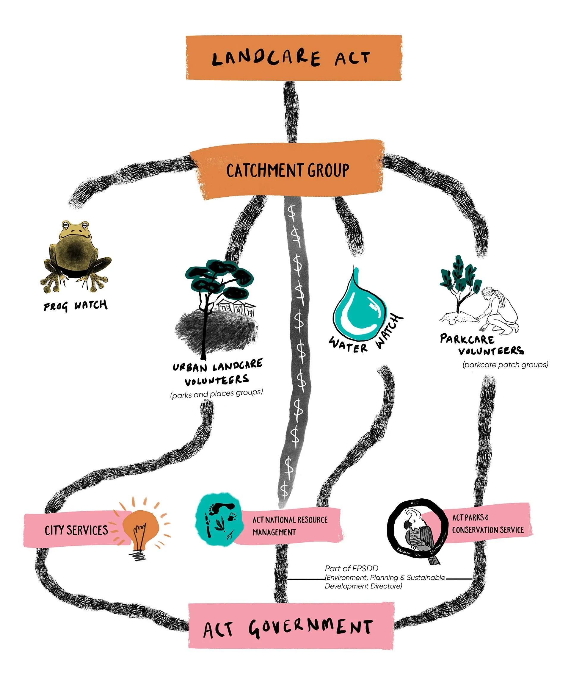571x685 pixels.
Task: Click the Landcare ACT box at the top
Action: pos(293,58)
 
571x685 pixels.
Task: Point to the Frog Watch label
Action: pos(75,306)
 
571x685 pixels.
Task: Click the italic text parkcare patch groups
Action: pos(505,365)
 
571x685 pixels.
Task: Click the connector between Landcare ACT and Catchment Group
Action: pos(291,111)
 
